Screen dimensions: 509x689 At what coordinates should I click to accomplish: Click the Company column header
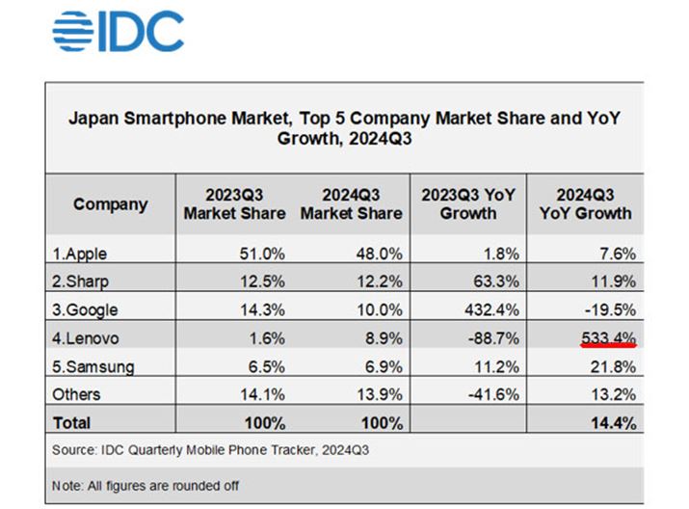pyautogui.click(x=110, y=204)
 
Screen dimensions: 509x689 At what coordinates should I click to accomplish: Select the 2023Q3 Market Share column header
pyautogui.click(x=234, y=203)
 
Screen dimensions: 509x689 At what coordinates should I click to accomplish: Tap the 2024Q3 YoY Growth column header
pyautogui.click(x=586, y=203)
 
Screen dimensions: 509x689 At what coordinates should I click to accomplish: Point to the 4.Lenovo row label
pyautogui.click(x=86, y=338)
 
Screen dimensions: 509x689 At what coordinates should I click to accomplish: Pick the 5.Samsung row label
pyautogui.click(x=93, y=366)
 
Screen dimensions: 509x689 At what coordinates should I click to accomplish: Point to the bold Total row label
pyautogui.click(x=72, y=422)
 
